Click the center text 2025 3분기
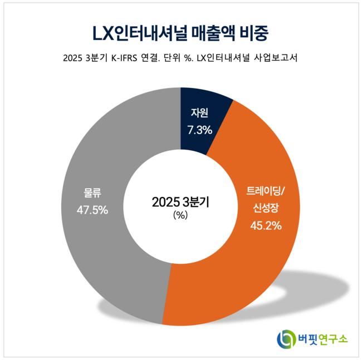[x=180, y=202]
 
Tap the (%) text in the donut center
[x=180, y=215]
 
